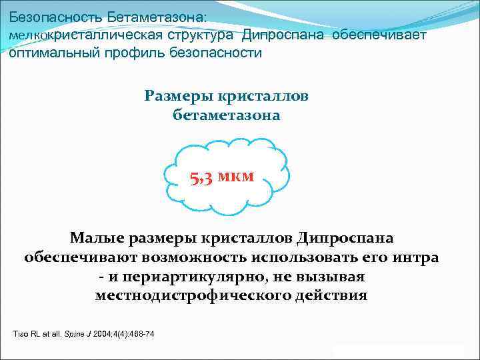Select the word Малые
98,238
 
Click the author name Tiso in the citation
21,333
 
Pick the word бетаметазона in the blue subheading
227,115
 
